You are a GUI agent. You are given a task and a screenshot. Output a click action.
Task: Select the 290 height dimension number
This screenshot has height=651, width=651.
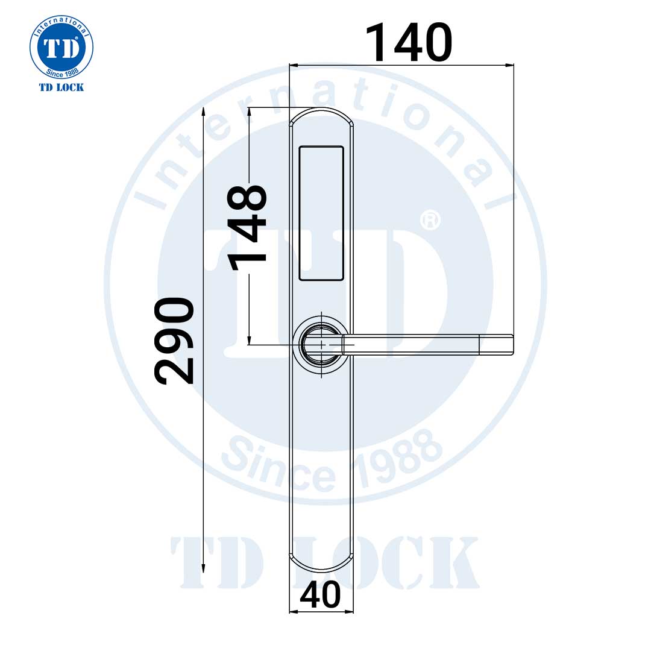click(x=175, y=341)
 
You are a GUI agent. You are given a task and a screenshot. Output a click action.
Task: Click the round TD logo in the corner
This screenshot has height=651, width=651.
click(x=61, y=49)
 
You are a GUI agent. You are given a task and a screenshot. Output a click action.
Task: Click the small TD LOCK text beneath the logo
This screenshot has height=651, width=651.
click(x=61, y=87)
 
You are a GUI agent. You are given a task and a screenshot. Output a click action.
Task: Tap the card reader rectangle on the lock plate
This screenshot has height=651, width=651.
click(x=322, y=213)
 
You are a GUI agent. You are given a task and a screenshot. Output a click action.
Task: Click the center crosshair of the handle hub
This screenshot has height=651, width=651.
click(x=322, y=345)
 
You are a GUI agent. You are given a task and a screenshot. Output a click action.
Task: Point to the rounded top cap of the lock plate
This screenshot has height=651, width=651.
click(x=321, y=115)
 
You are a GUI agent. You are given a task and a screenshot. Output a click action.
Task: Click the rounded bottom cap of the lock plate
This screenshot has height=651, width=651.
click(x=321, y=564)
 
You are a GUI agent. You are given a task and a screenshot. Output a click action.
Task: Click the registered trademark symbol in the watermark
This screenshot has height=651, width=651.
click(x=430, y=220)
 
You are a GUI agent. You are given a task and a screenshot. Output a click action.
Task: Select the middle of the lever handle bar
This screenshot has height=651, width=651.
click(x=410, y=344)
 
